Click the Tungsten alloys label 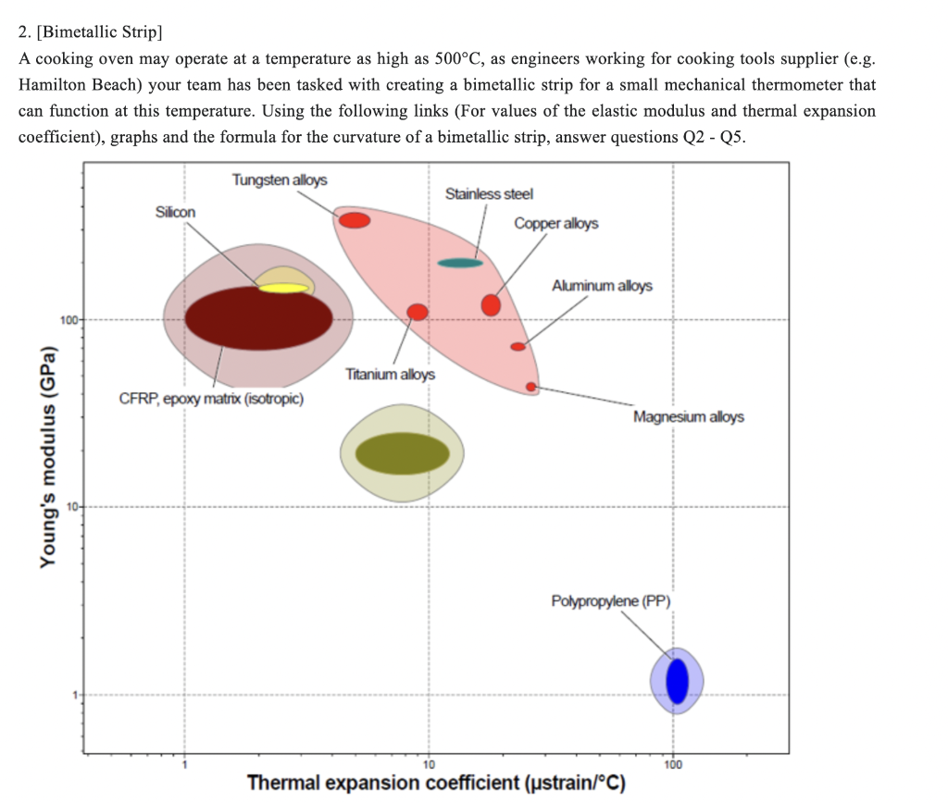click(279, 179)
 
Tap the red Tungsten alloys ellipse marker click(355, 220)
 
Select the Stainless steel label click(489, 194)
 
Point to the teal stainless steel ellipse click(460, 263)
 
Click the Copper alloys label click(556, 224)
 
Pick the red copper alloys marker click(492, 304)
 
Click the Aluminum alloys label click(602, 286)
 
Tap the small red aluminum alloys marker click(518, 347)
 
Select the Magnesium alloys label click(688, 417)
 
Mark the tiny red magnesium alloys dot click(531, 387)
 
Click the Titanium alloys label click(390, 375)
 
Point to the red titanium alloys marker click(418, 312)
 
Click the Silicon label click(176, 212)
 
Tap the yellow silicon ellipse click(283, 288)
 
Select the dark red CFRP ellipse click(258, 319)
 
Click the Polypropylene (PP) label click(610, 601)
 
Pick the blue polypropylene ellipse click(678, 680)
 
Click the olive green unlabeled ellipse click(403, 452)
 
